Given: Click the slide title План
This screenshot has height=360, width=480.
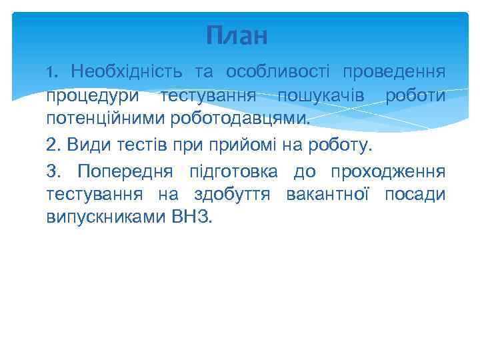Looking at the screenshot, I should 236,35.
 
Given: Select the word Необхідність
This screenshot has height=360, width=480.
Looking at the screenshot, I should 125,71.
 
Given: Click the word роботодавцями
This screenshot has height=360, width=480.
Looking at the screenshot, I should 235,119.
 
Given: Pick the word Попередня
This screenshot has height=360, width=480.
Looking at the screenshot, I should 125,172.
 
